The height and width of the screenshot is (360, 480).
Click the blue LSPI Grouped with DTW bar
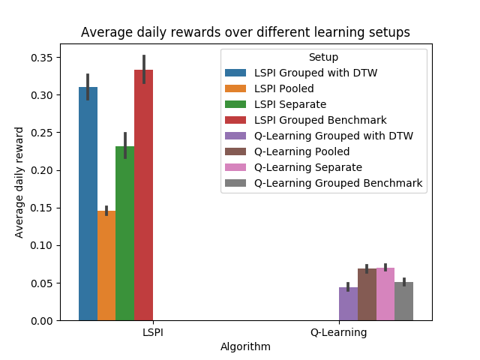pyautogui.click(x=88, y=204)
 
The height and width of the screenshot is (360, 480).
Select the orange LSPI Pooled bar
pyautogui.click(x=106, y=265)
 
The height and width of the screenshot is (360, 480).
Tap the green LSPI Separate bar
pyautogui.click(x=125, y=233)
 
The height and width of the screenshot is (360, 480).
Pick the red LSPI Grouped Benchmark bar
pyautogui.click(x=143, y=195)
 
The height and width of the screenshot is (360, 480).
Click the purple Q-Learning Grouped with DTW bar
pyautogui.click(x=348, y=304)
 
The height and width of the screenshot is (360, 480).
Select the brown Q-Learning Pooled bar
pyautogui.click(x=367, y=295)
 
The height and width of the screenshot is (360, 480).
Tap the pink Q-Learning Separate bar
pyautogui.click(x=385, y=294)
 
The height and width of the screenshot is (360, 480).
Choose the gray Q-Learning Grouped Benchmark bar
pyautogui.click(x=403, y=301)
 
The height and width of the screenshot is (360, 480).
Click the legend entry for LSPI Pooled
pyautogui.click(x=269, y=88)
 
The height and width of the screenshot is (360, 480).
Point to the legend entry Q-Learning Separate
pyautogui.click(x=293, y=167)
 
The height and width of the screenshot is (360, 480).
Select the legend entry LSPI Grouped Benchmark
pyautogui.click(x=305, y=120)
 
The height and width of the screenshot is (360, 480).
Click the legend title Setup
pyautogui.click(x=323, y=57)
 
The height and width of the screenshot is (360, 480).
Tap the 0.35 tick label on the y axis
pyautogui.click(x=42, y=58)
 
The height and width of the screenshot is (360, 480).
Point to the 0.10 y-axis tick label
pyautogui.click(x=42, y=245)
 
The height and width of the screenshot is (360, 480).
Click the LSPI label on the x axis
pyautogui.click(x=153, y=332)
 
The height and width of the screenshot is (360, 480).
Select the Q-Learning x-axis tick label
pyautogui.click(x=339, y=332)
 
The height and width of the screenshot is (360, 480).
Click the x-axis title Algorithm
pyautogui.click(x=245, y=346)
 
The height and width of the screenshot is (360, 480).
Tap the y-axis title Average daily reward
pyautogui.click(x=19, y=182)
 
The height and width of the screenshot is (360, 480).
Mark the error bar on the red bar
pyautogui.click(x=144, y=69)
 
